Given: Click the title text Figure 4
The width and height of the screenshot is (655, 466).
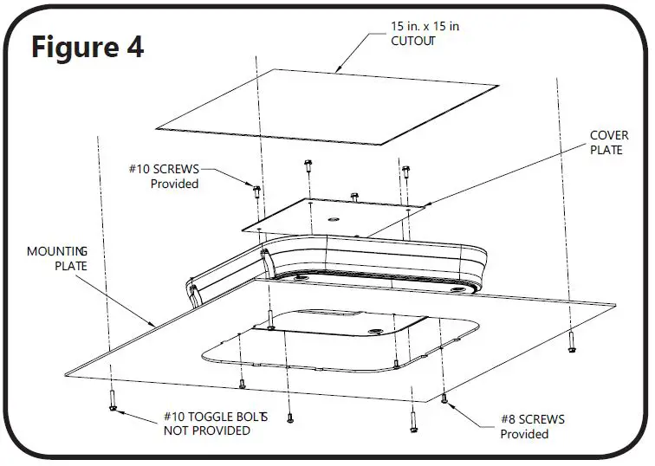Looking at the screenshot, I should click(x=87, y=47).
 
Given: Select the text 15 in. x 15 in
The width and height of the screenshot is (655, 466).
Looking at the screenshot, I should click(x=425, y=27).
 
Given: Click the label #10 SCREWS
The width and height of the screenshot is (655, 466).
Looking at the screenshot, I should click(x=171, y=170).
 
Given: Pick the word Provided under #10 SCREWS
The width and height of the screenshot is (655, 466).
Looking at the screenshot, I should click(x=174, y=184).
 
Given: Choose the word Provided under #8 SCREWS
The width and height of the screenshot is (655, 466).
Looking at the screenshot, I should click(x=525, y=434).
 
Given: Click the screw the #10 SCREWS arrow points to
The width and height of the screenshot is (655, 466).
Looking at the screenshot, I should click(x=257, y=190).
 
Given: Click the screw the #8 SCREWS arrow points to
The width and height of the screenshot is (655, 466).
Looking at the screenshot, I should click(x=444, y=398).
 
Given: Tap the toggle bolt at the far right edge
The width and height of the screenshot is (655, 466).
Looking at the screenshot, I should click(x=570, y=346).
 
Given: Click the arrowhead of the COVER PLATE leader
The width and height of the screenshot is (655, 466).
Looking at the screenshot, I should click(x=425, y=204).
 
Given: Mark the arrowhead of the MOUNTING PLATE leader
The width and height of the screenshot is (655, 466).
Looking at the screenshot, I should click(x=153, y=325).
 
